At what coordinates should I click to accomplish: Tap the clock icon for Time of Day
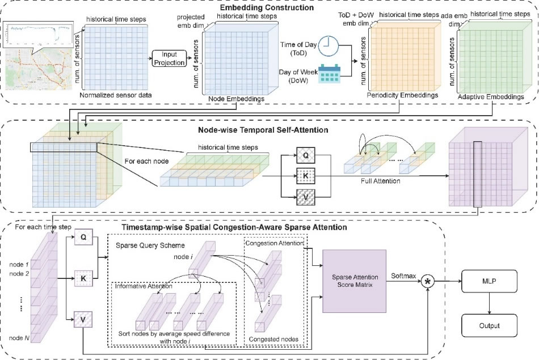[x=327, y=46]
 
